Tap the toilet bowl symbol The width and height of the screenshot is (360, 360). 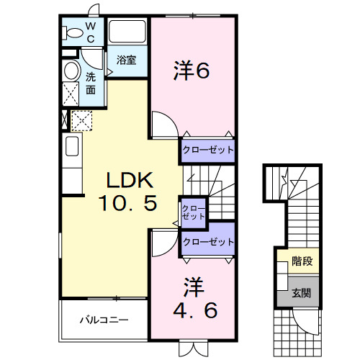click(x=72, y=33)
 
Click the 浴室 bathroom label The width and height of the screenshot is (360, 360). click(x=127, y=60)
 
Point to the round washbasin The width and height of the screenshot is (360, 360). click(x=71, y=71)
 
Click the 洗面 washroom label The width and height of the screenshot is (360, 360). click(x=91, y=84)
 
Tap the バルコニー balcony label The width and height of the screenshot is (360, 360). click(x=104, y=318)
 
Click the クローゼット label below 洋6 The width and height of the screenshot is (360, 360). click(x=208, y=149)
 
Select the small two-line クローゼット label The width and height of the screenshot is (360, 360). click(x=193, y=211)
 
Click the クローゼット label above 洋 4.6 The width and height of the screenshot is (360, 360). click(x=208, y=243)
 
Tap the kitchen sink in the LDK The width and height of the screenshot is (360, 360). click(x=73, y=147)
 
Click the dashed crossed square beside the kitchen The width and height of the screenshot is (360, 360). click(x=81, y=120)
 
